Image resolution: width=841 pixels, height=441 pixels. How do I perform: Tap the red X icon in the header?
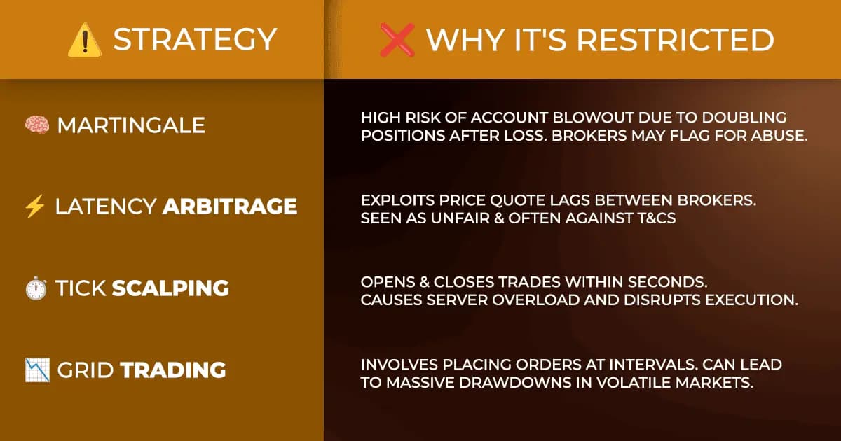click(x=397, y=40)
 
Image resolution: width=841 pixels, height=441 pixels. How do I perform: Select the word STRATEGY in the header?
click(x=195, y=40)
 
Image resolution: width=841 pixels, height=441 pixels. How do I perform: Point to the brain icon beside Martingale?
click(x=36, y=125)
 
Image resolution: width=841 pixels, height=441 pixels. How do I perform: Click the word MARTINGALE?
click(x=131, y=125)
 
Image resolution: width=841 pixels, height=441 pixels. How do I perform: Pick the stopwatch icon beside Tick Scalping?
click(x=36, y=288)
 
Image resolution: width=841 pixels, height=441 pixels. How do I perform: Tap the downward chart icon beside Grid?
click(x=36, y=369)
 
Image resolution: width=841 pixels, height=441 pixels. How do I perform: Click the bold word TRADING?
click(x=174, y=369)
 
